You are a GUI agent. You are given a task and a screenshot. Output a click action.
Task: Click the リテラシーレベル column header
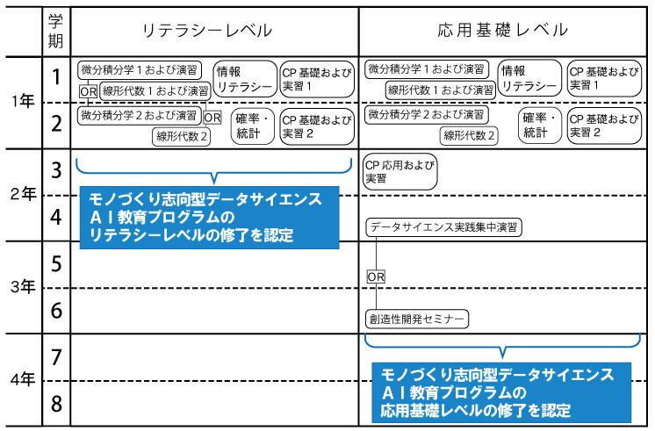point(207,31)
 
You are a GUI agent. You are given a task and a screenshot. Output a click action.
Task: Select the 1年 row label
point(24,102)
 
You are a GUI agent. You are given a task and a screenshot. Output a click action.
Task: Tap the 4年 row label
point(24,380)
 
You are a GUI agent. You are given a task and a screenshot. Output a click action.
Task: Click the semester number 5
point(56,264)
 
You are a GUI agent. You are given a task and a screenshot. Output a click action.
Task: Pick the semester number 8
point(56,405)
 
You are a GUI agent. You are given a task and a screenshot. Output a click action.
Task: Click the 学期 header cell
point(56,31)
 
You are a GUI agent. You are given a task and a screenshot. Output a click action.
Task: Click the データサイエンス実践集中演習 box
point(443,227)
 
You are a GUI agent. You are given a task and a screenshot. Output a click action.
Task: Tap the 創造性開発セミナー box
point(417,320)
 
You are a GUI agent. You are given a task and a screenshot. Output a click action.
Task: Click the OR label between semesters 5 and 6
point(376,277)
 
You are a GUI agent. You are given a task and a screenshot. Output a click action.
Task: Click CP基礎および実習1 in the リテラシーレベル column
point(313,79)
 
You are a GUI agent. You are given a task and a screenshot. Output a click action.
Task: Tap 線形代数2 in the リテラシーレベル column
point(182,136)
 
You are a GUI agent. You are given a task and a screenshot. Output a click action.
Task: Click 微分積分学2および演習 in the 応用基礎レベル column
point(426,115)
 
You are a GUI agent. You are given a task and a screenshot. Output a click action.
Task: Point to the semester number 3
point(56,171)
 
